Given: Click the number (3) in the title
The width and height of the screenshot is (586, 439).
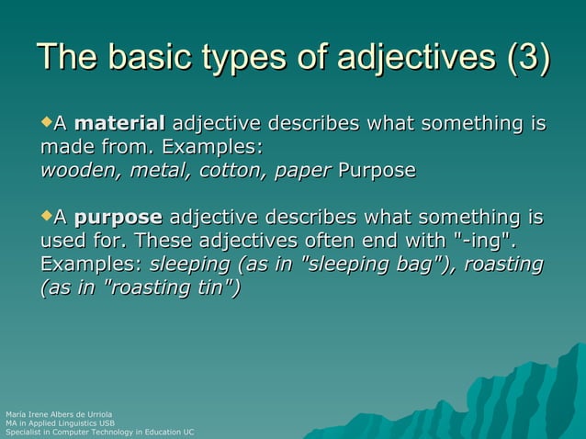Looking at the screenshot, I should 528,60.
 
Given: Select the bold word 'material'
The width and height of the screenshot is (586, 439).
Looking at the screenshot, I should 119,124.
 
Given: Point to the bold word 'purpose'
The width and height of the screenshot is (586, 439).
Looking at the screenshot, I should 118,219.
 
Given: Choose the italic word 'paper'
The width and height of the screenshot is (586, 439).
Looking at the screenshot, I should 302,172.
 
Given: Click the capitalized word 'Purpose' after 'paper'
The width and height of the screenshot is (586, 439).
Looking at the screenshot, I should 377,172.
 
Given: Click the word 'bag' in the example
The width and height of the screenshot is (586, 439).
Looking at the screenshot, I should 414,265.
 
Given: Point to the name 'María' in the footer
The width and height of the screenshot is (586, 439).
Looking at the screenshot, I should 16,415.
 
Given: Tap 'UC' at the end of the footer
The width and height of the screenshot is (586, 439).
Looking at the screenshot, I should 188,432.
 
